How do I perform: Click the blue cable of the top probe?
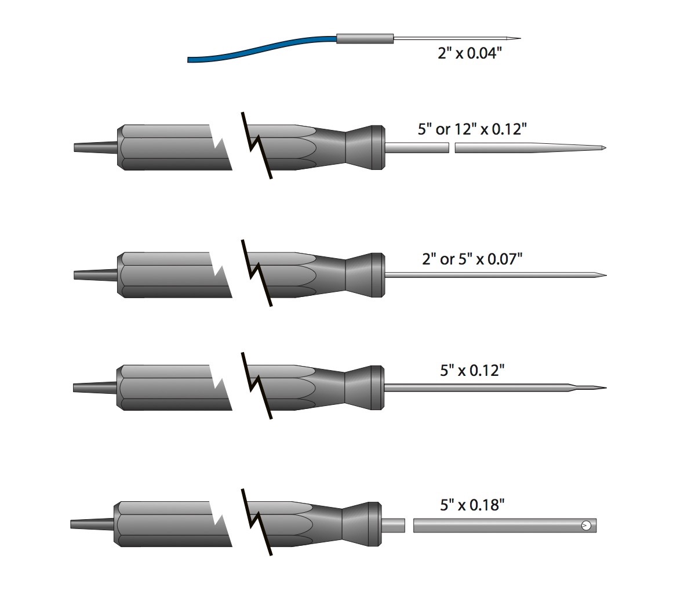click(x=262, y=49)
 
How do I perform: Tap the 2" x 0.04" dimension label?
click(x=470, y=53)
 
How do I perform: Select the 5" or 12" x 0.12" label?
click(x=472, y=129)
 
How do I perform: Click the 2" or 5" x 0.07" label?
click(x=472, y=259)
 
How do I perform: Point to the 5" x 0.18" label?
click(x=472, y=505)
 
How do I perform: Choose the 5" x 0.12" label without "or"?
click(x=472, y=371)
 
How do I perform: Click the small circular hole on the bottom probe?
click(x=587, y=526)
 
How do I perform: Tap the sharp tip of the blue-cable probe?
click(x=520, y=38)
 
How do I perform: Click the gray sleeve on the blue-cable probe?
click(x=365, y=38)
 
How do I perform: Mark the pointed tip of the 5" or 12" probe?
click(x=606, y=147)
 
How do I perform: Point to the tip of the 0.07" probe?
click(x=606, y=276)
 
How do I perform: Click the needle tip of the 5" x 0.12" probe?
click(x=606, y=387)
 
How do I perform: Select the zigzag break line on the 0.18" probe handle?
click(x=257, y=522)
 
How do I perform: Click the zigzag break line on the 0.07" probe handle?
click(x=257, y=273)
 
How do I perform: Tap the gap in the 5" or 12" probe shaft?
click(x=452, y=147)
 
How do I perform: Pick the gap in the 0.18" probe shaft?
click(x=409, y=526)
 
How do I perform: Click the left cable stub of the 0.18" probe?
click(x=92, y=524)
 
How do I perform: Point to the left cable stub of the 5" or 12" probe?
click(x=96, y=147)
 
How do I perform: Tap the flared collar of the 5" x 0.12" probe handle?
click(x=365, y=387)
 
